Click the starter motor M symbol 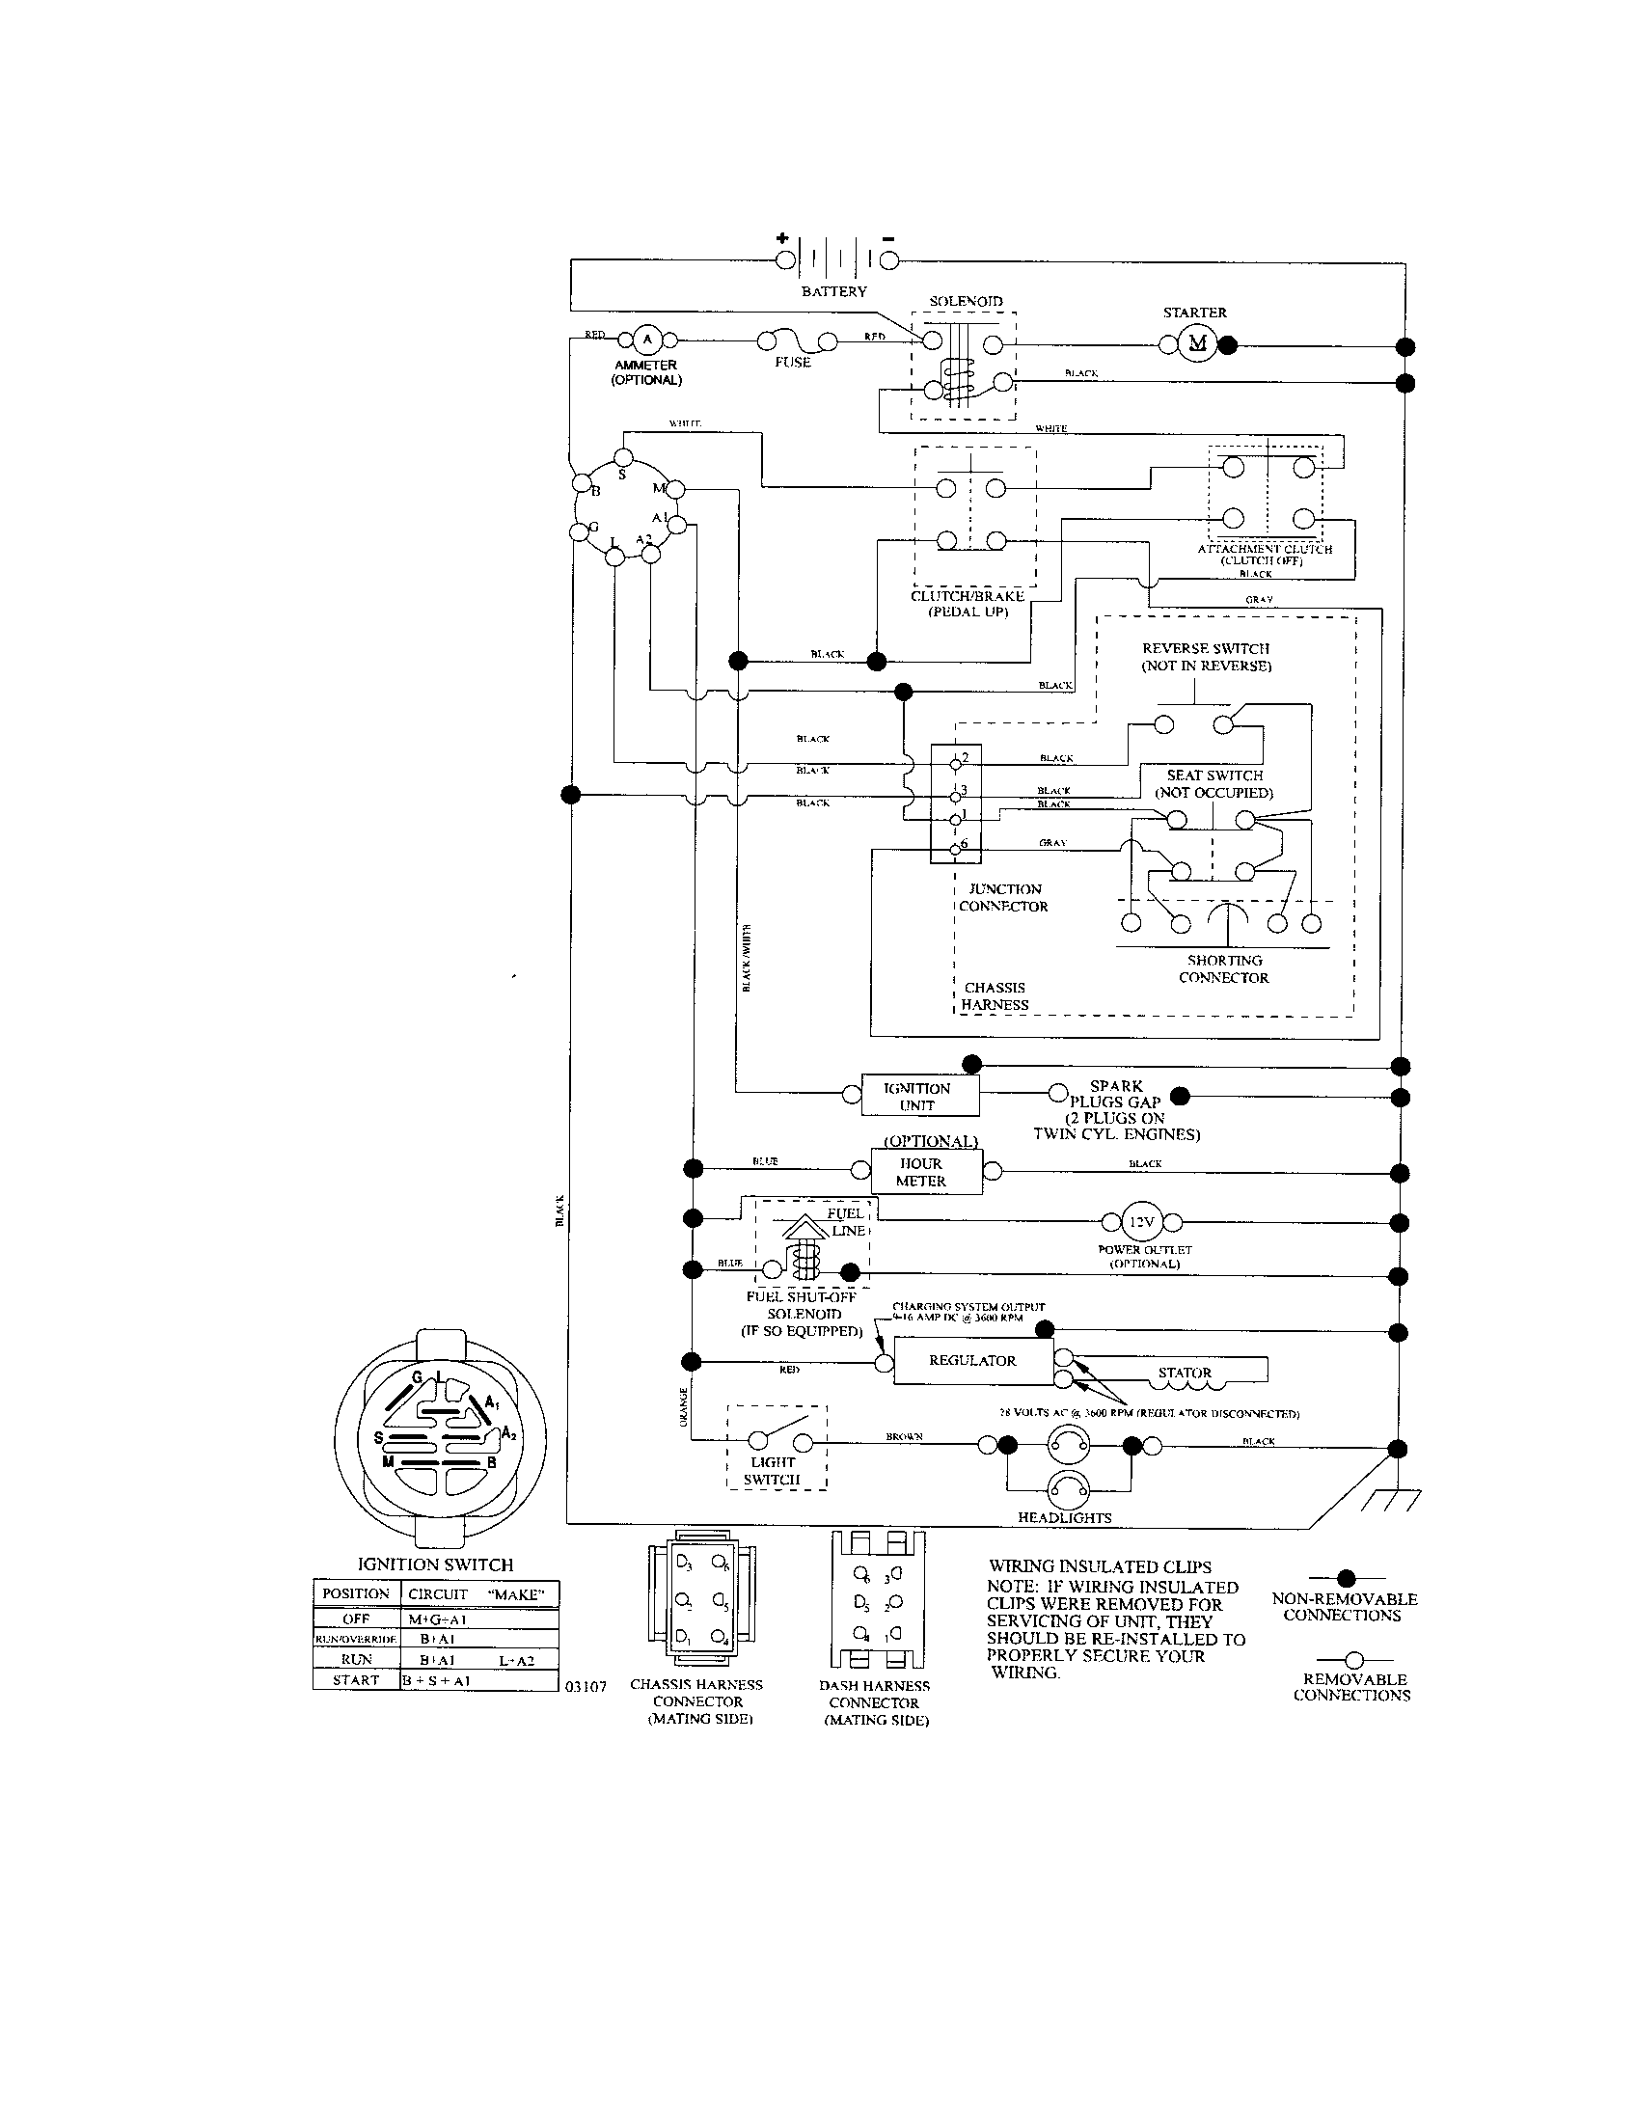tap(1197, 343)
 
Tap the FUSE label tap(793, 362)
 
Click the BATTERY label tap(833, 291)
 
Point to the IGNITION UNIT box tap(920, 1096)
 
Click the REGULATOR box tap(972, 1360)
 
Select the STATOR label tap(1185, 1373)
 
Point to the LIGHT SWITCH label tap(774, 1471)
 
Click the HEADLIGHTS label tap(1065, 1517)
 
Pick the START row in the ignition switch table tap(435, 1680)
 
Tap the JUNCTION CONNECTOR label tap(1003, 898)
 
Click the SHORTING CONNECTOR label tap(1224, 968)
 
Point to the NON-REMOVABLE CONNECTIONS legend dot tap(1347, 1578)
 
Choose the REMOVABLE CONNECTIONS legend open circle tap(1354, 1659)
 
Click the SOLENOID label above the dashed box tap(966, 301)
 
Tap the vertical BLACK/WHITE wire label tap(747, 958)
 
